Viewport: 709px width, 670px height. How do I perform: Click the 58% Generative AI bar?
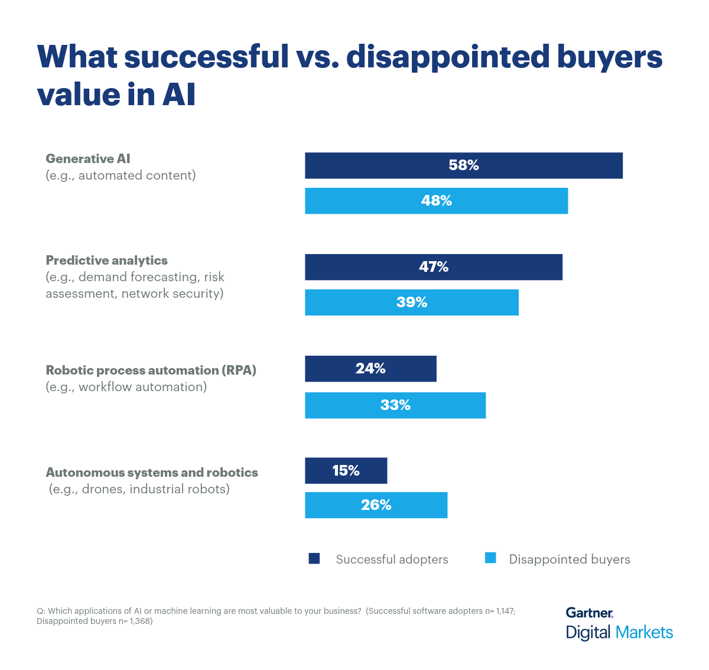(464, 165)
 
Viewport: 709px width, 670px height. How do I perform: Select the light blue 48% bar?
(436, 201)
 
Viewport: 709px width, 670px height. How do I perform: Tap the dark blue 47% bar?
(434, 267)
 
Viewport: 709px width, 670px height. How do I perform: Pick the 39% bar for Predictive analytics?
(412, 303)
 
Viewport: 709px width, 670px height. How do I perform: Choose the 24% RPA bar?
(370, 369)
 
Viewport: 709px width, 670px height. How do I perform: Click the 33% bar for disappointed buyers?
(395, 405)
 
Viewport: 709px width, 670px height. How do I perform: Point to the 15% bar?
(346, 470)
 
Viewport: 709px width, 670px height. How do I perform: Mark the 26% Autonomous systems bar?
(376, 505)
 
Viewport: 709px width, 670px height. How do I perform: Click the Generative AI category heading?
(88, 158)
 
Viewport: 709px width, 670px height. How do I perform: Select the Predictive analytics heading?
(107, 260)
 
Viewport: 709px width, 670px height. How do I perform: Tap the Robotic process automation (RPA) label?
(151, 370)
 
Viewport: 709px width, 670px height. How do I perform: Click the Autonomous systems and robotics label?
(152, 472)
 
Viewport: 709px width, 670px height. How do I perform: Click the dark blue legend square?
(314, 558)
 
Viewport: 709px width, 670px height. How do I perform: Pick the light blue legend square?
(490, 558)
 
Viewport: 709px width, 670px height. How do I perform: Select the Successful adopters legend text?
(392, 559)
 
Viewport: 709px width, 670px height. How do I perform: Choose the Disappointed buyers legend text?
(570, 559)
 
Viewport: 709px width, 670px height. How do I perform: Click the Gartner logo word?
(589, 613)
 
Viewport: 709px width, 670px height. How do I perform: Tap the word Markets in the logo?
(644, 632)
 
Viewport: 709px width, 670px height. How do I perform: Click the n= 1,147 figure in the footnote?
(500, 611)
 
